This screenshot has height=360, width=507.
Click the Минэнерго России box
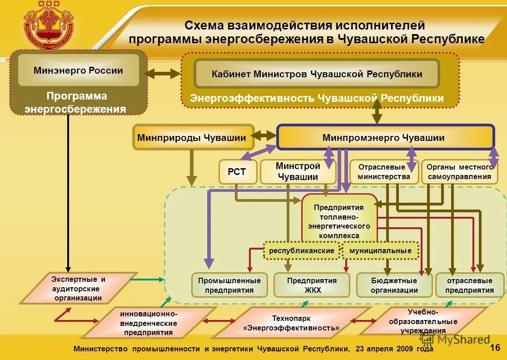(78, 70)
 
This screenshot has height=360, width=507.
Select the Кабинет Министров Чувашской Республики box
(317, 74)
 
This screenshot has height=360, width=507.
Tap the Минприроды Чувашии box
(193, 137)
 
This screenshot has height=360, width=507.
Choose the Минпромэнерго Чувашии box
(385, 137)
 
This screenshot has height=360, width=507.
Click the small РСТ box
(238, 171)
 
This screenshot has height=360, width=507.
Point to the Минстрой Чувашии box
(298, 172)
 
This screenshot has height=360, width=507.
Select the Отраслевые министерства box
(384, 172)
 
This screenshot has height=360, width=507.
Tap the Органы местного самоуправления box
(459, 172)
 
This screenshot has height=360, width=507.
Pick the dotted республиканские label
(302, 250)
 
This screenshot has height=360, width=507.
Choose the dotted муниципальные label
(380, 250)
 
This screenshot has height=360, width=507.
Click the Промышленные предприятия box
(229, 285)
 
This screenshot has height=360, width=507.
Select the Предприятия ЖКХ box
(312, 285)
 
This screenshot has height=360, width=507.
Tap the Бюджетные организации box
(394, 285)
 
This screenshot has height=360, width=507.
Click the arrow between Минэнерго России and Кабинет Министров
(163, 73)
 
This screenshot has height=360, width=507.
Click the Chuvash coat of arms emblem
(49, 25)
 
